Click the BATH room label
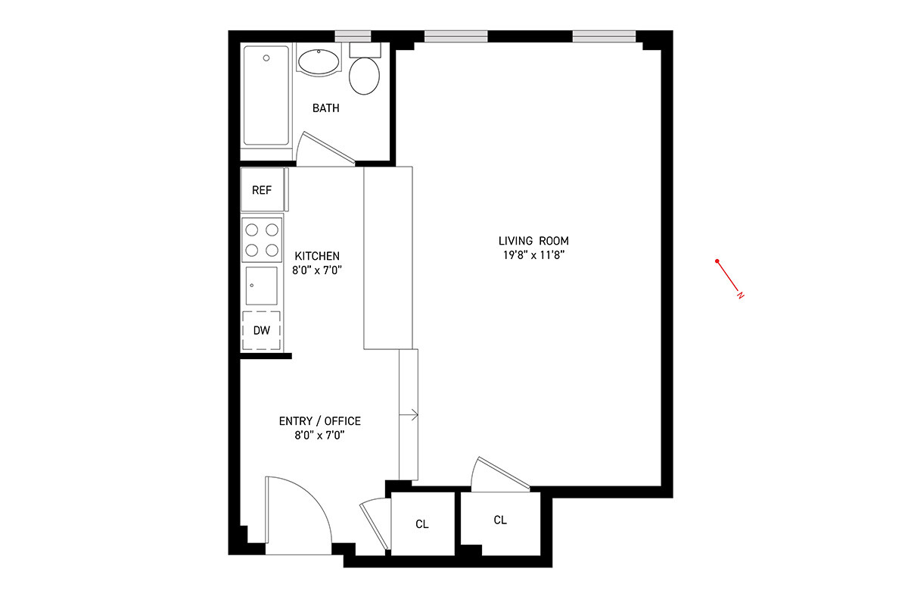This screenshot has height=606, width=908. tap(326, 108)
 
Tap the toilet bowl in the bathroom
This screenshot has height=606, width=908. tap(365, 76)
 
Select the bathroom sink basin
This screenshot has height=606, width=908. tap(319, 62)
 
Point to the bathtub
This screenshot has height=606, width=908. tap(266, 95)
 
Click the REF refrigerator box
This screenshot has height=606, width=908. tap(262, 190)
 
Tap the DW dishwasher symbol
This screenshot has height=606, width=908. tap(262, 330)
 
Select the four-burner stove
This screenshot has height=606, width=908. tap(262, 239)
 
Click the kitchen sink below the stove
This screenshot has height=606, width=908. tap(262, 286)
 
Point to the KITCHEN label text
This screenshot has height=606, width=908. tap(317, 256)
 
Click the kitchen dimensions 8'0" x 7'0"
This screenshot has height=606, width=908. tap(317, 270)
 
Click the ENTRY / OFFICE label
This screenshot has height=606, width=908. tap(319, 421)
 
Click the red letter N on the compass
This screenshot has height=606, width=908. tap(741, 295)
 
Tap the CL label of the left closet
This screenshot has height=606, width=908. tap(422, 524)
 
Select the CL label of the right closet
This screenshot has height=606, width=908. tap(500, 520)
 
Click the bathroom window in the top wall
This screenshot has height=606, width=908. tap(353, 36)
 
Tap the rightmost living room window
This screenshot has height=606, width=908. tap(604, 36)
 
